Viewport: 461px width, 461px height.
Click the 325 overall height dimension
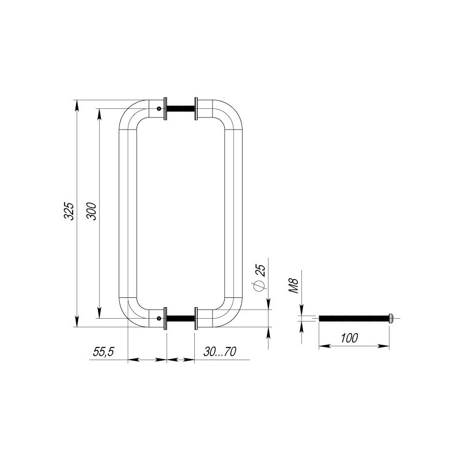click(69, 211)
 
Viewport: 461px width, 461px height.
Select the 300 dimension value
click(91, 211)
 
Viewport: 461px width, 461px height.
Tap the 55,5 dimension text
click(104, 352)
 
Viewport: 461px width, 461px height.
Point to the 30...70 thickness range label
click(220, 352)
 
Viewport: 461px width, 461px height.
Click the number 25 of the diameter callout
click(261, 270)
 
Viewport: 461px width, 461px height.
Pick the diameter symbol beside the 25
click(259, 285)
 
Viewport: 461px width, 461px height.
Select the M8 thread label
click(293, 286)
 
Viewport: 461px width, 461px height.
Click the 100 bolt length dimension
click(349, 338)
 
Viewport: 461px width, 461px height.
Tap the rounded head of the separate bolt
click(391, 318)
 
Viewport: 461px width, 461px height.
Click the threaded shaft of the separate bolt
click(354, 318)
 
